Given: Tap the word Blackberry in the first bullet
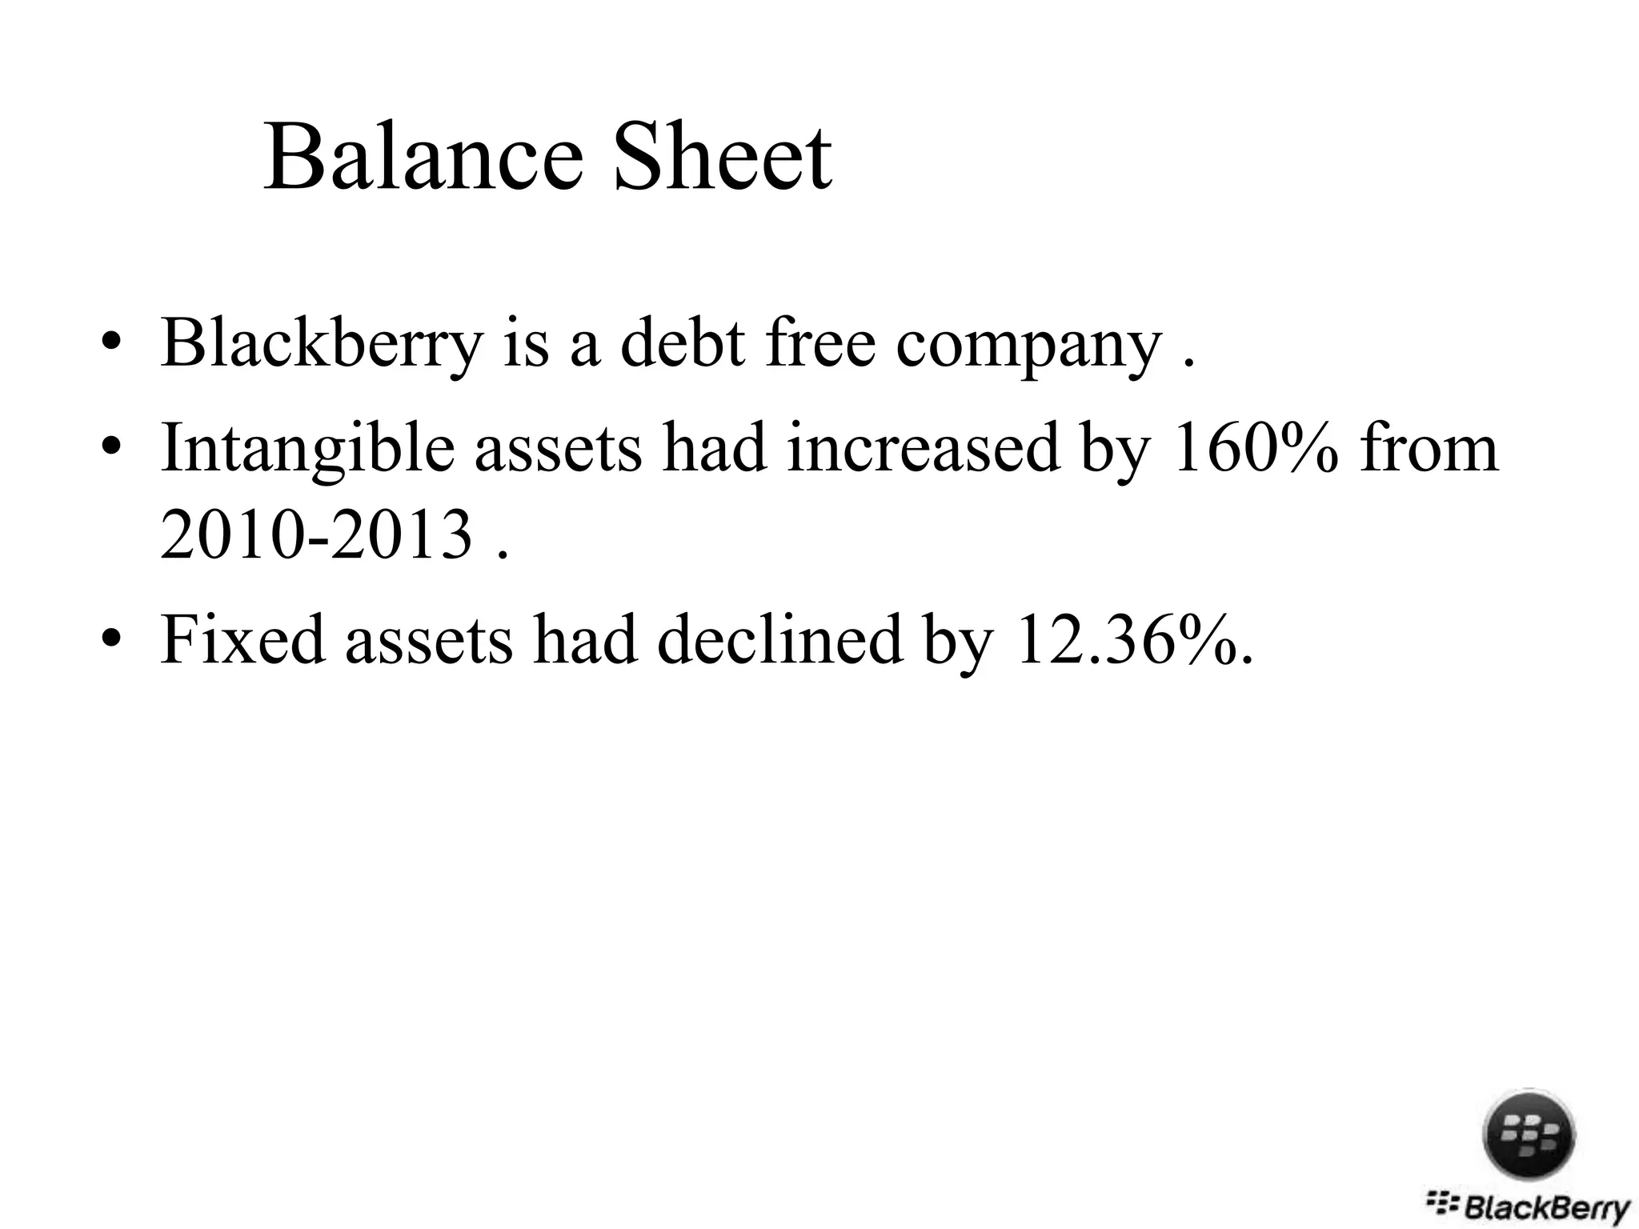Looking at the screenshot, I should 322,344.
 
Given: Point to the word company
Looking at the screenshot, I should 1028,346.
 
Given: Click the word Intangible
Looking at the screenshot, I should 307,450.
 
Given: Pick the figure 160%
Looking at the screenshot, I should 1254,448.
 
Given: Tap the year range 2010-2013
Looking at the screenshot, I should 317,535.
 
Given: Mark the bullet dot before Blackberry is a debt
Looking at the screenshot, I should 111,346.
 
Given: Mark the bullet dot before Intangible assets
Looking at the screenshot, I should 111,450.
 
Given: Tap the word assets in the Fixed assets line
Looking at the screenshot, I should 428,641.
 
